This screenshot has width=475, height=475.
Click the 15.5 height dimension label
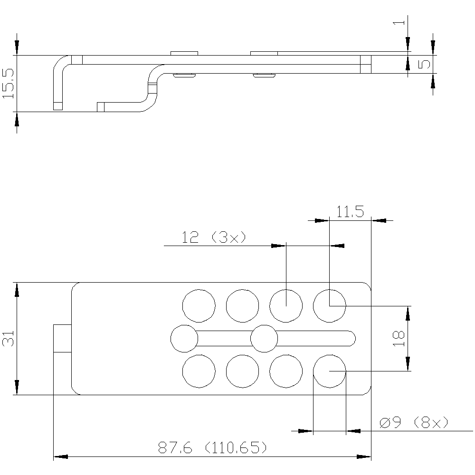click(x=8, y=83)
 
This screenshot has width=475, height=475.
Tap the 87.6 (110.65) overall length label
click(x=212, y=447)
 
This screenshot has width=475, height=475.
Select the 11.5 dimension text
click(x=350, y=212)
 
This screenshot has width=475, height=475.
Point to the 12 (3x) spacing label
click(x=214, y=237)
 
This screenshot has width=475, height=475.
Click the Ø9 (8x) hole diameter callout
click(x=414, y=422)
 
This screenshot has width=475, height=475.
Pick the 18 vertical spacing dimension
click(x=399, y=338)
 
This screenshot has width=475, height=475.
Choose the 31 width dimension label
click(x=8, y=338)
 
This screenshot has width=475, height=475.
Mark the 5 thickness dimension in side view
click(x=424, y=64)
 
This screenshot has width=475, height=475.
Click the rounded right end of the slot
click(x=355, y=338)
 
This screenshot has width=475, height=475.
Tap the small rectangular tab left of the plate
click(x=62, y=338)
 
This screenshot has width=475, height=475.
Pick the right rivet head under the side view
click(x=264, y=76)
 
